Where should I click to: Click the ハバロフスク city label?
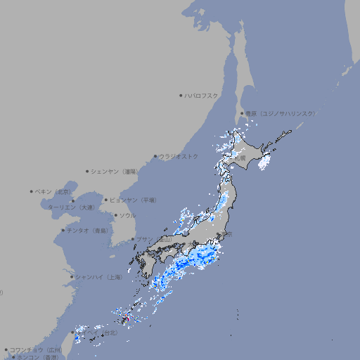202,95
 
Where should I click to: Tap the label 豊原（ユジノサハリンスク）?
280,113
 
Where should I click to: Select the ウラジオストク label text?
179,156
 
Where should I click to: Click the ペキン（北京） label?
53,191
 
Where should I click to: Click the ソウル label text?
127,215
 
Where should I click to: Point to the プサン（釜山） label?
154,240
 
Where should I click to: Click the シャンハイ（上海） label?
98,277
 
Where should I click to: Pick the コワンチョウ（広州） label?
36,349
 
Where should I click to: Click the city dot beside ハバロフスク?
181,95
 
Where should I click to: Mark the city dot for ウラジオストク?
155,156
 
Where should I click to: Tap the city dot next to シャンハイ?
72,277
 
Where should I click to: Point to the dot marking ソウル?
115,215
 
